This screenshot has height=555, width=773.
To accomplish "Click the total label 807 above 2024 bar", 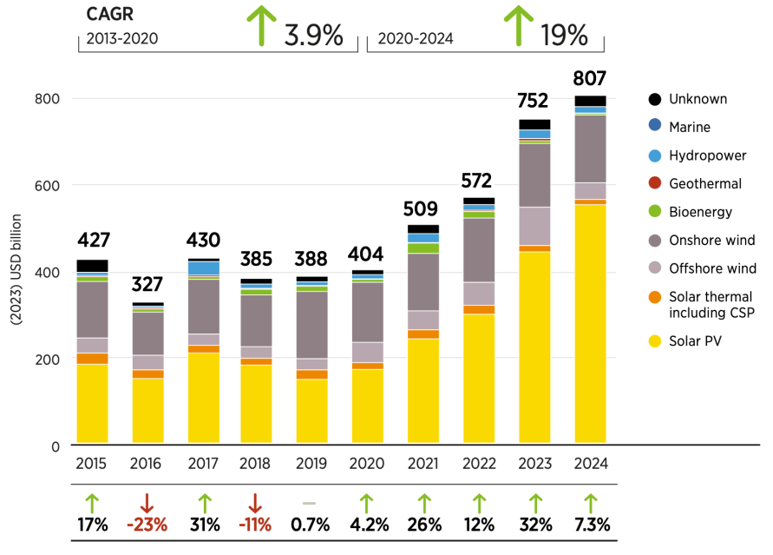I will pos(590,78).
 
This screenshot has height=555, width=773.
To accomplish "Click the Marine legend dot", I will pos(655,128).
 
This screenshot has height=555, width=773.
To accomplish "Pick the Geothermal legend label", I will pos(704,184).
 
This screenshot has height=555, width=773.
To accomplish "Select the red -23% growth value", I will pos(147,525).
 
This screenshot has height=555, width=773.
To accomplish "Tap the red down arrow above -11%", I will pos(255,502).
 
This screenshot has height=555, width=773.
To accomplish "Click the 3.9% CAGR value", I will pos(313,36).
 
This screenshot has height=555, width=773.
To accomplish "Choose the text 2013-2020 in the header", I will pos(121,39).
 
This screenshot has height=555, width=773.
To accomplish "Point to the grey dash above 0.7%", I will pos(311,503).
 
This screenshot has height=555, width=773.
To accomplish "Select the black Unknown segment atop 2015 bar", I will pos(92,266).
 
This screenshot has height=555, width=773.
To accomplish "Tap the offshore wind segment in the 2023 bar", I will pos(534,226).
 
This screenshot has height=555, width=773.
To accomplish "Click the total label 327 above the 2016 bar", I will pos(147,284).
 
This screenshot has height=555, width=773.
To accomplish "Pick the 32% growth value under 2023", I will pos(534,525).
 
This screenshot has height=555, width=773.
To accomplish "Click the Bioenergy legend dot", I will pos(655,212).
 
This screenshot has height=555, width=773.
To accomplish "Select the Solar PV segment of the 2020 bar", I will pos(366,406).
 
